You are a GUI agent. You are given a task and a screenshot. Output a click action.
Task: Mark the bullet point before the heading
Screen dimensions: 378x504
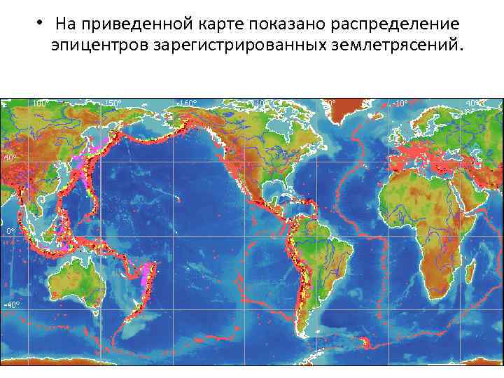(x=41, y=22)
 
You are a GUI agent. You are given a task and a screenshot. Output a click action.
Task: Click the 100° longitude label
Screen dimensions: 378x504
(x=41, y=103)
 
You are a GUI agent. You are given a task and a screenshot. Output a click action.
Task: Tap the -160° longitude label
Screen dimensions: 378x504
(x=188, y=103)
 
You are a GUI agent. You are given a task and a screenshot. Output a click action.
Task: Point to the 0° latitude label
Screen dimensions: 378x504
(x=10, y=230)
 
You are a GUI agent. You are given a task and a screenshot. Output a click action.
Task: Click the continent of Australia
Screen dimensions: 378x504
(x=77, y=280)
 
